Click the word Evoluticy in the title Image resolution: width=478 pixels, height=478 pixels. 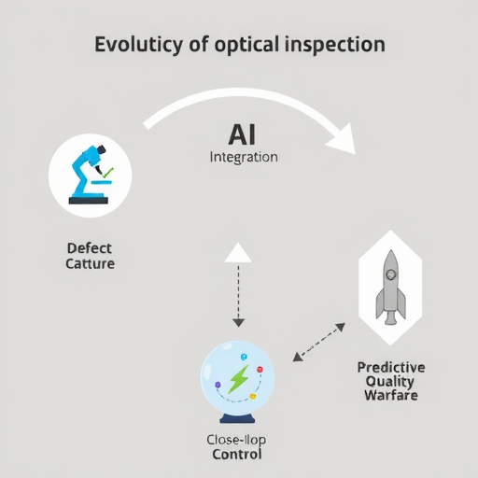coord(138,45)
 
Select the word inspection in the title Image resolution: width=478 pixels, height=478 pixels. coord(335,45)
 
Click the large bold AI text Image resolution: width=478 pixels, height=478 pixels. coord(242,134)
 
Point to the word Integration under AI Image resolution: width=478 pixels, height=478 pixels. coord(244,158)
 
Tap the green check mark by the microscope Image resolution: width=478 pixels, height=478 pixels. coord(108,173)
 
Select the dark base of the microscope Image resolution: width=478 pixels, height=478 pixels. coord(89,201)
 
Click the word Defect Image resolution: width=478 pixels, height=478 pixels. coord(90,248)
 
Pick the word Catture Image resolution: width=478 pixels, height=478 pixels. coord(90,264)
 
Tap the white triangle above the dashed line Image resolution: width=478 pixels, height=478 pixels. coord(238,253)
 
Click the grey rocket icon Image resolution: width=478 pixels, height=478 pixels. coord(391,288)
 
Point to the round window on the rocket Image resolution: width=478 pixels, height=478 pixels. coord(391,274)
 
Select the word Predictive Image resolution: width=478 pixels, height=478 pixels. coord(391,368)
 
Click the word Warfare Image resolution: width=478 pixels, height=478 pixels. coord(391,396)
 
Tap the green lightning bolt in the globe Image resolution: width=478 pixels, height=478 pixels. coord(238,379)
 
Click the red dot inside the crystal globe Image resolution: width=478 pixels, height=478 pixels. coord(260,370)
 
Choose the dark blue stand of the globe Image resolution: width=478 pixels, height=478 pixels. coord(237,419)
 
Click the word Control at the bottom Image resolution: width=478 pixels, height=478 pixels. coord(237,455)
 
